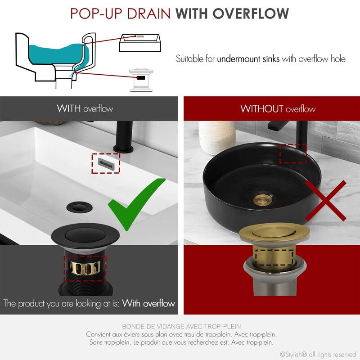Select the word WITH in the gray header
[x=69, y=108]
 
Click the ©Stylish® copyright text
[x=318, y=354]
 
